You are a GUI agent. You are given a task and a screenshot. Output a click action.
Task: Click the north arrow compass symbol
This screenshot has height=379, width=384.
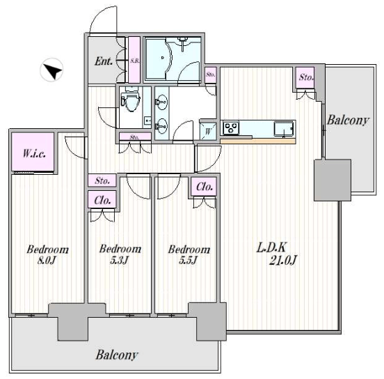51,70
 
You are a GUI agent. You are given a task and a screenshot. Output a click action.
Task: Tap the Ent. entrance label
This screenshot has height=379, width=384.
104,61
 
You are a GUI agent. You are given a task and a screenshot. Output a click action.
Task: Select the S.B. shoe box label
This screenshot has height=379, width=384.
134,61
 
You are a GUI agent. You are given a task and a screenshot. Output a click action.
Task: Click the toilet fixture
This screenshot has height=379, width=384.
131,100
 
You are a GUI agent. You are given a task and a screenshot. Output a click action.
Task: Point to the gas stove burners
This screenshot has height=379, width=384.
231,127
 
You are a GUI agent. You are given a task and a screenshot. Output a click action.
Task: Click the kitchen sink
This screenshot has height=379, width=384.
284,129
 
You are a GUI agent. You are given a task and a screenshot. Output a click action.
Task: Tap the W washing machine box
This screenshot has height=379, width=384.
208,131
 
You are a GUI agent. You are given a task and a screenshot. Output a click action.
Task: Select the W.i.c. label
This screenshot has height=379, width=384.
34,153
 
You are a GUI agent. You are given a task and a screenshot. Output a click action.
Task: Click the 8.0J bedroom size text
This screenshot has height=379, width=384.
47,260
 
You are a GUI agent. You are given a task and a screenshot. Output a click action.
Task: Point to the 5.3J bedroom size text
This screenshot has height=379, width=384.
119,260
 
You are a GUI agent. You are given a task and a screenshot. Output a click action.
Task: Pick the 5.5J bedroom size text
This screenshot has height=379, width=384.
188,260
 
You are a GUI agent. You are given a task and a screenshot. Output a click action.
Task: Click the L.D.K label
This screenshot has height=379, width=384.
271,247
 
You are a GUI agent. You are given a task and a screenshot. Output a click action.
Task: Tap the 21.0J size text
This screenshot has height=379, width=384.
282,260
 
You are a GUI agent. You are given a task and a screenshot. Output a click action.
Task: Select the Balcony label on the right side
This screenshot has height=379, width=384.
348,121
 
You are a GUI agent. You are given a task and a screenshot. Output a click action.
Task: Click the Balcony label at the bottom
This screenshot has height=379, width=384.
117,355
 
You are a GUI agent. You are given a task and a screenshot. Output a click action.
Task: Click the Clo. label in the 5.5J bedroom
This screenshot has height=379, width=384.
205,187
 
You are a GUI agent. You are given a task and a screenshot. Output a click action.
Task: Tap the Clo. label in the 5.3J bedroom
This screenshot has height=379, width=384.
102,201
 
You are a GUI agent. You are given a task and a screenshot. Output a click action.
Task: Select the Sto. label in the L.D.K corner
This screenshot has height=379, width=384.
305,77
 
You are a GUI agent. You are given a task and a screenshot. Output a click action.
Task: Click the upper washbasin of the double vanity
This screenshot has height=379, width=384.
161,102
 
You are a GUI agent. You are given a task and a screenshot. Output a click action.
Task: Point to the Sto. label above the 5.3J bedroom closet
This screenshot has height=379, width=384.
102,181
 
